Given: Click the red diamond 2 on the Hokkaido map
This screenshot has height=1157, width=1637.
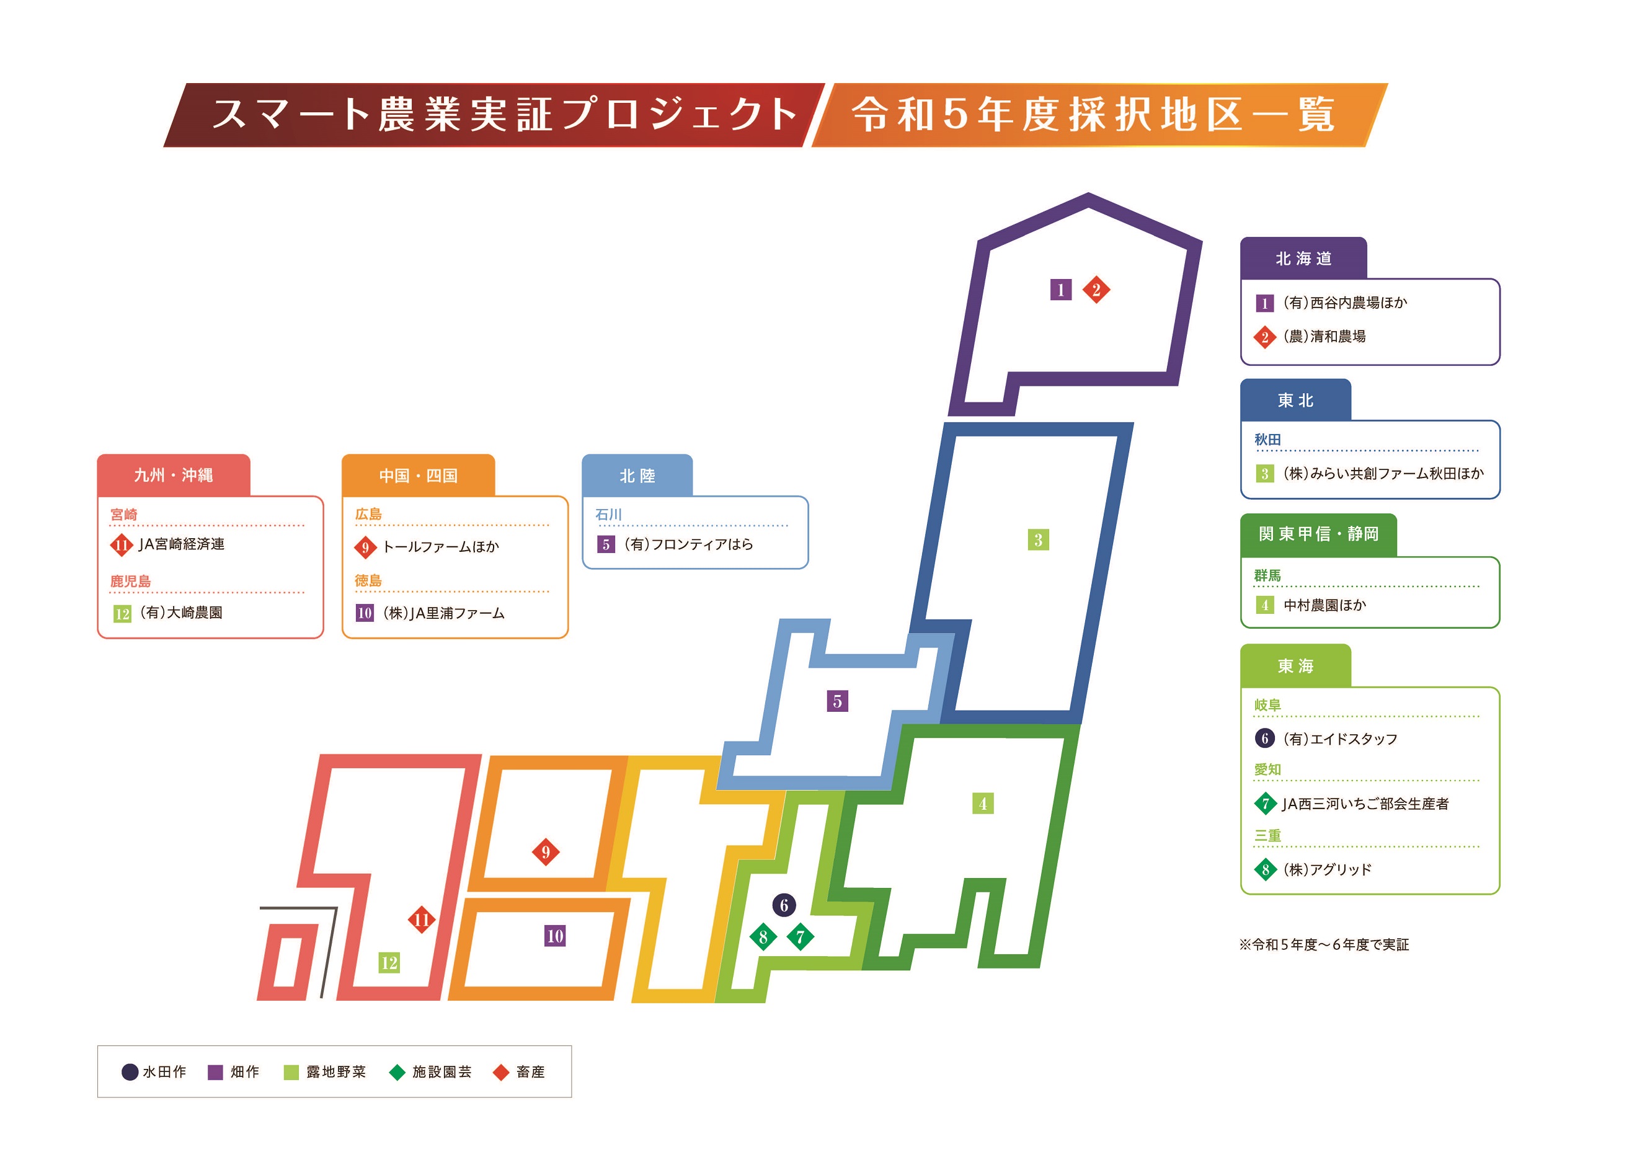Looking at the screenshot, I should pyautogui.click(x=1096, y=290).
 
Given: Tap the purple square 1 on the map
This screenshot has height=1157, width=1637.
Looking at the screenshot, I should pyautogui.click(x=1061, y=290).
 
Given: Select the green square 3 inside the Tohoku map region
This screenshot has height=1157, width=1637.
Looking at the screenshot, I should pyautogui.click(x=1038, y=540).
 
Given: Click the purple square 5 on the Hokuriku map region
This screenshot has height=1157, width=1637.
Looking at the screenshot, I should pyautogui.click(x=837, y=701).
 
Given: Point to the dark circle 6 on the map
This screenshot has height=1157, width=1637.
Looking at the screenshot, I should pyautogui.click(x=784, y=905).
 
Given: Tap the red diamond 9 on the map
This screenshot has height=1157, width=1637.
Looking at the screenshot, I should pyautogui.click(x=546, y=852).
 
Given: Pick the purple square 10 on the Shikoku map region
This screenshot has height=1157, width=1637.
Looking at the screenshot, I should pyautogui.click(x=555, y=936).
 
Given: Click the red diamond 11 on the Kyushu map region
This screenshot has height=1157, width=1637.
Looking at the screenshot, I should pyautogui.click(x=422, y=920).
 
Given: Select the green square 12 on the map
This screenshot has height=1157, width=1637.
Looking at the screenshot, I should pyautogui.click(x=389, y=963).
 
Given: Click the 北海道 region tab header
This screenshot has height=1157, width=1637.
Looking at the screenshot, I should pyautogui.click(x=1303, y=259).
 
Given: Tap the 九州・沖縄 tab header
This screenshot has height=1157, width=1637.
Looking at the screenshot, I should pyautogui.click(x=173, y=476).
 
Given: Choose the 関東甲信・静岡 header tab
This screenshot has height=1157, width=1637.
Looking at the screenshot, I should pyautogui.click(x=1318, y=534).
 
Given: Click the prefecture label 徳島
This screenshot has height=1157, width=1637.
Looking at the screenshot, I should pyautogui.click(x=368, y=581).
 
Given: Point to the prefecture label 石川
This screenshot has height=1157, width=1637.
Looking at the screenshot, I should pyautogui.click(x=608, y=515).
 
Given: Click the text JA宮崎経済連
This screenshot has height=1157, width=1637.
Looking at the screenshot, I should pyautogui.click(x=181, y=544).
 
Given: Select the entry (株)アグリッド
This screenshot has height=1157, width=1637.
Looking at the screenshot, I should pyautogui.click(x=1327, y=870).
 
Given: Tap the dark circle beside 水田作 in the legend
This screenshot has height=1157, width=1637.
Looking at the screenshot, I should pyautogui.click(x=130, y=1072).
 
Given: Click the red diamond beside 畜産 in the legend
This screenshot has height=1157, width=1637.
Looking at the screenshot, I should pyautogui.click(x=501, y=1072).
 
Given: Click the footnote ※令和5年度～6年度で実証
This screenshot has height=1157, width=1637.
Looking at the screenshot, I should pyautogui.click(x=1324, y=944).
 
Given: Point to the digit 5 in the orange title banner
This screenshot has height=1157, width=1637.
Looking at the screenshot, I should pyautogui.click(x=955, y=115).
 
